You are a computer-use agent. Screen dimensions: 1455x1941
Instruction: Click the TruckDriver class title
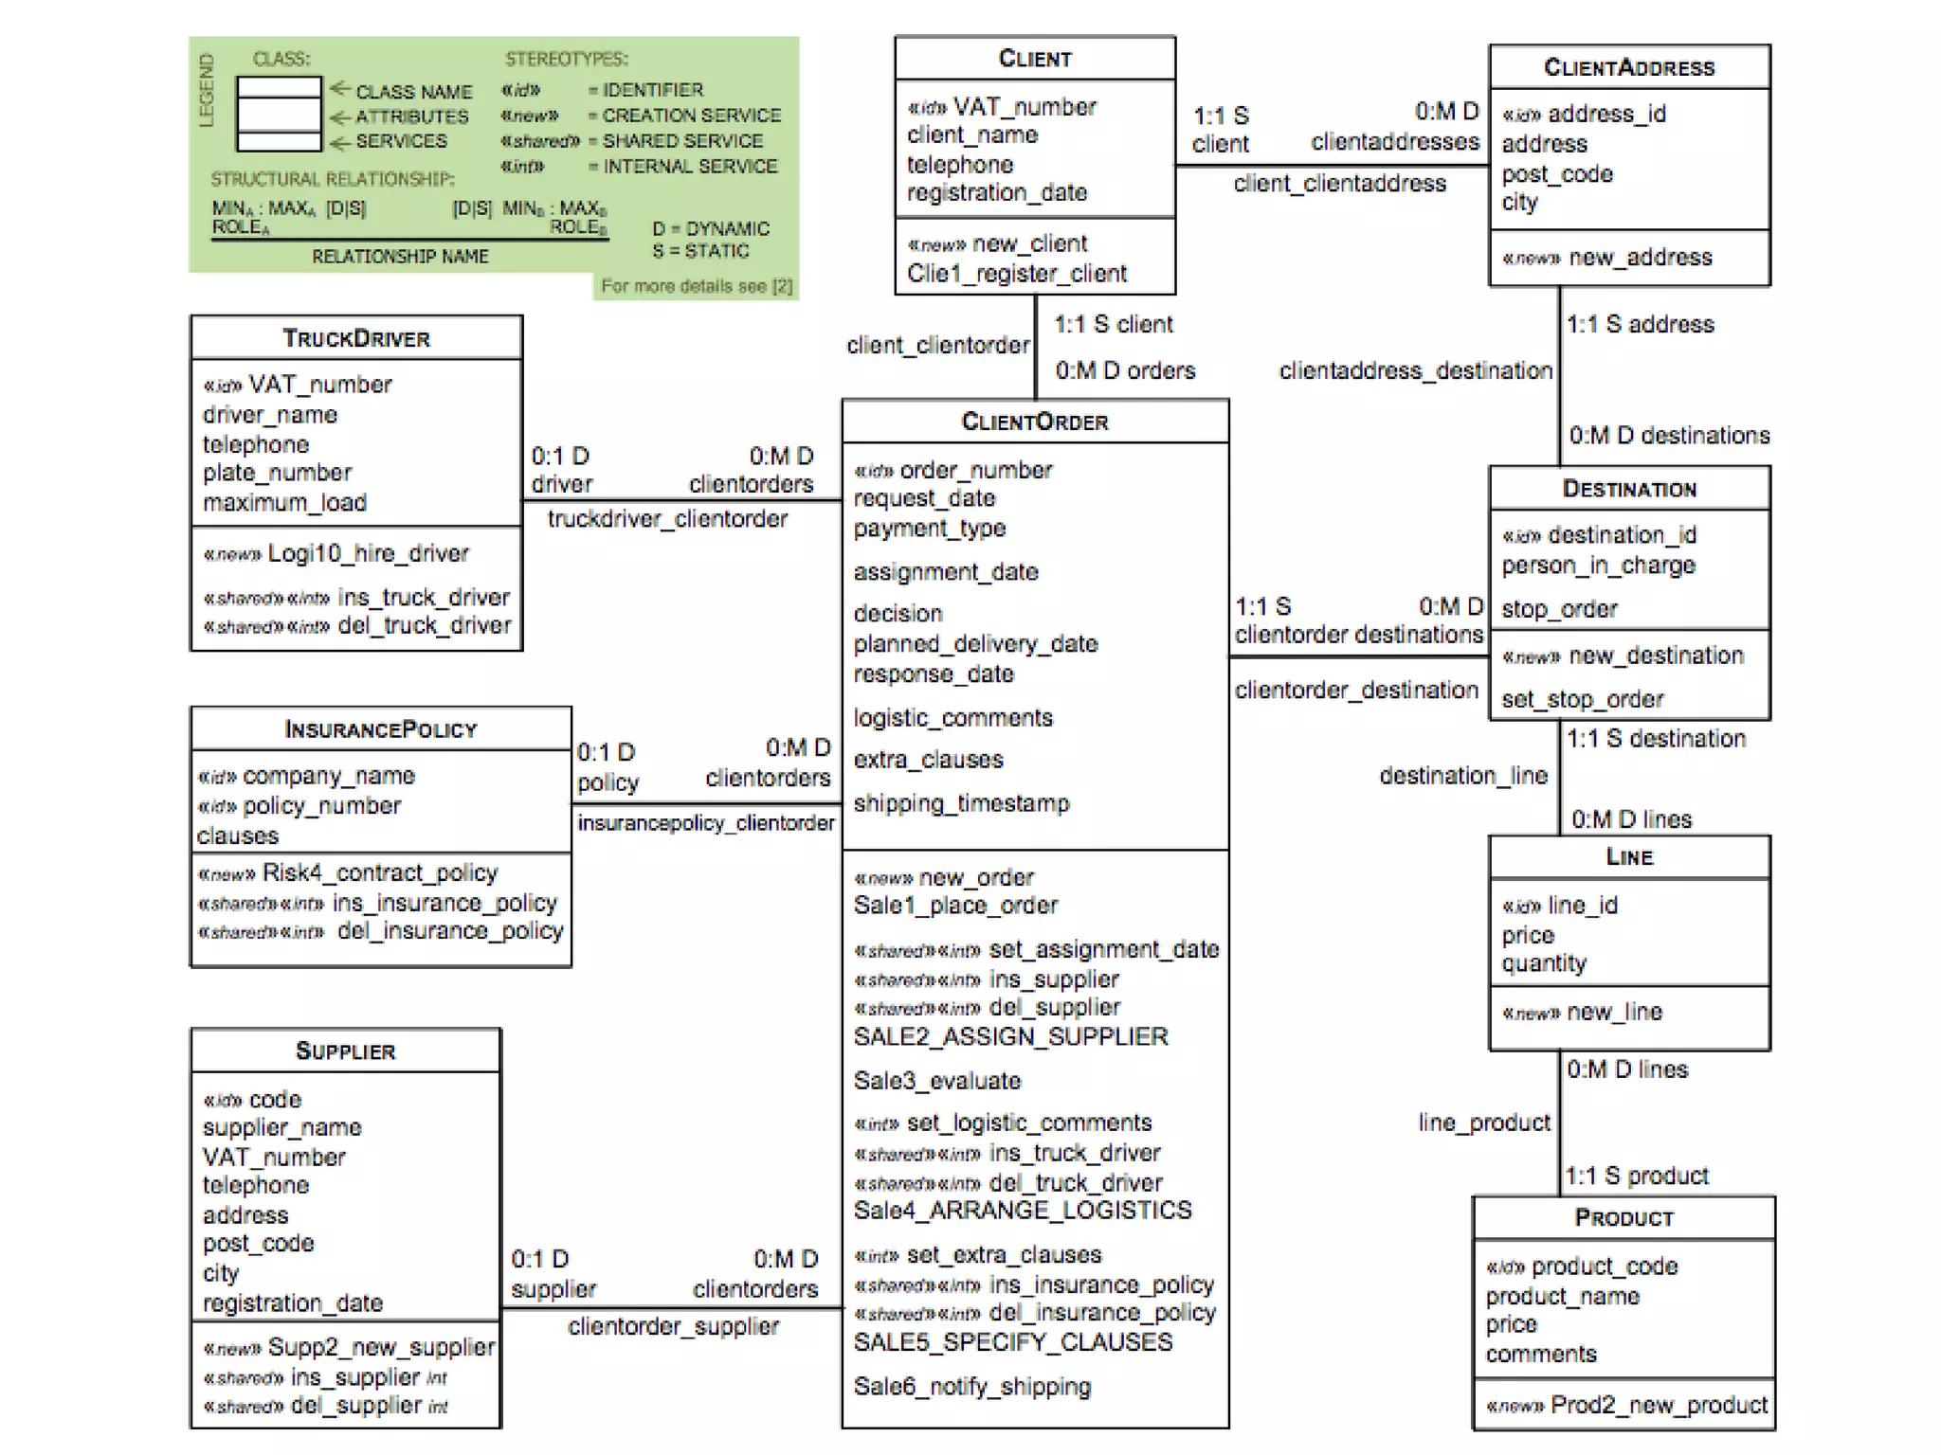tap(356, 338)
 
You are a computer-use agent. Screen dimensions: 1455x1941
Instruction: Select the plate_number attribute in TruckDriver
tap(277, 473)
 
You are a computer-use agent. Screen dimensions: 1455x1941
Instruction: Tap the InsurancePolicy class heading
tap(380, 729)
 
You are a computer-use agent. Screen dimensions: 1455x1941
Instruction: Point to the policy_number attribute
tap(321, 806)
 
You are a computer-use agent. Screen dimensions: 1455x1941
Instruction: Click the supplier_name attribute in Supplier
tap(281, 1127)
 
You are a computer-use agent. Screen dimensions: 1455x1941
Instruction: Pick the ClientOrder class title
tap(1035, 422)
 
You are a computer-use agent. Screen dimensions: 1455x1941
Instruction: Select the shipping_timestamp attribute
tap(961, 803)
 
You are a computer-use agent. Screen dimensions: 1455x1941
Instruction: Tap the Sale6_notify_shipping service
tap(972, 1387)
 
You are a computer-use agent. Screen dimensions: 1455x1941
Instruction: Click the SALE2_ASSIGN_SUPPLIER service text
tap(1010, 1037)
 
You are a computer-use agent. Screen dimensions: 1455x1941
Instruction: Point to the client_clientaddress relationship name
tap(1339, 184)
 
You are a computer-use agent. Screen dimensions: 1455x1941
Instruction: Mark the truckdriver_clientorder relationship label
tap(667, 519)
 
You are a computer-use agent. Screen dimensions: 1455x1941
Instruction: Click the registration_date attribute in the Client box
tap(997, 192)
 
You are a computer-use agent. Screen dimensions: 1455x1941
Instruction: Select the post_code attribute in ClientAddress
tap(1557, 174)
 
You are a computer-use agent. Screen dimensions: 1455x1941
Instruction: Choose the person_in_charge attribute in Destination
tap(1598, 566)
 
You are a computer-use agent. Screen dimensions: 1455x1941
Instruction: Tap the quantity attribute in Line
tap(1544, 963)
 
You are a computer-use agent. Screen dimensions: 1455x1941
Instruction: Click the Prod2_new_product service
tap(1659, 1405)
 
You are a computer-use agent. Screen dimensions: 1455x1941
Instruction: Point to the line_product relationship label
tap(1484, 1123)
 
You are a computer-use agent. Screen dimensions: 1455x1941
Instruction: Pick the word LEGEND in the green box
tap(206, 91)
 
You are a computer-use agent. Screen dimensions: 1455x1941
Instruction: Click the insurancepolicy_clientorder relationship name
tap(706, 823)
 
